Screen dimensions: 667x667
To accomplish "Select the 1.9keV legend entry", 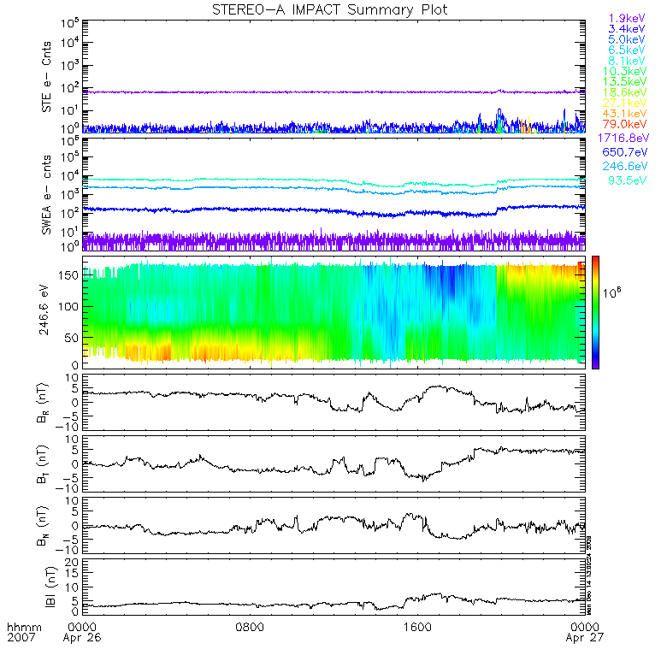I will coord(626,18).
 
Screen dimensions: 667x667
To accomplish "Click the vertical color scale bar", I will coord(595,312).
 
